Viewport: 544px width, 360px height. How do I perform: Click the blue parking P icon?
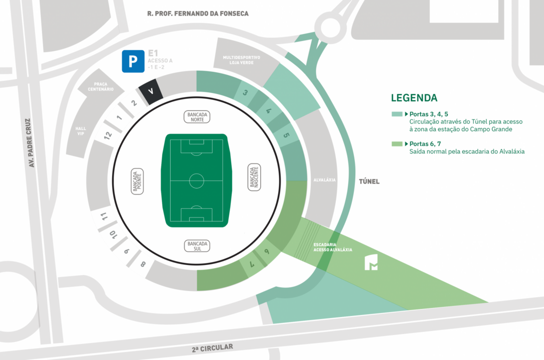pyautogui.click(x=133, y=61)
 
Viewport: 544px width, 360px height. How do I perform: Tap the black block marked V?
pyautogui.click(x=151, y=91)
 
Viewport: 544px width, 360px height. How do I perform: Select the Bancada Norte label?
pyautogui.click(x=196, y=117)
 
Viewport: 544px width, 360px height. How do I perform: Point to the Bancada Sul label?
pyautogui.click(x=197, y=245)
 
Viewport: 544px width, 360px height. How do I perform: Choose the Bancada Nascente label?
pyautogui.click(x=255, y=177)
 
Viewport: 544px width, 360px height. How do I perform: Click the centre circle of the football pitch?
pyautogui.click(x=196, y=180)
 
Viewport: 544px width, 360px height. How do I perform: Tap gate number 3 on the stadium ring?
pyautogui.click(x=245, y=92)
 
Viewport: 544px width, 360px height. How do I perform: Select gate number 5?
pyautogui.click(x=286, y=135)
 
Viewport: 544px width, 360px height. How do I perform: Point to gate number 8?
pyautogui.click(x=143, y=264)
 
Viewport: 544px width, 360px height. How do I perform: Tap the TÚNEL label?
pyautogui.click(x=368, y=181)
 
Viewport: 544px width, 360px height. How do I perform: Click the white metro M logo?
pyautogui.click(x=371, y=262)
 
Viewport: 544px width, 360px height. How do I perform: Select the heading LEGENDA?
pyautogui.click(x=414, y=98)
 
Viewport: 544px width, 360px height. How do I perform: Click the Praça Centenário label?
pyautogui.click(x=101, y=86)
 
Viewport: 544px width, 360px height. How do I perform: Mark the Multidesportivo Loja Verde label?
pyautogui.click(x=241, y=60)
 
